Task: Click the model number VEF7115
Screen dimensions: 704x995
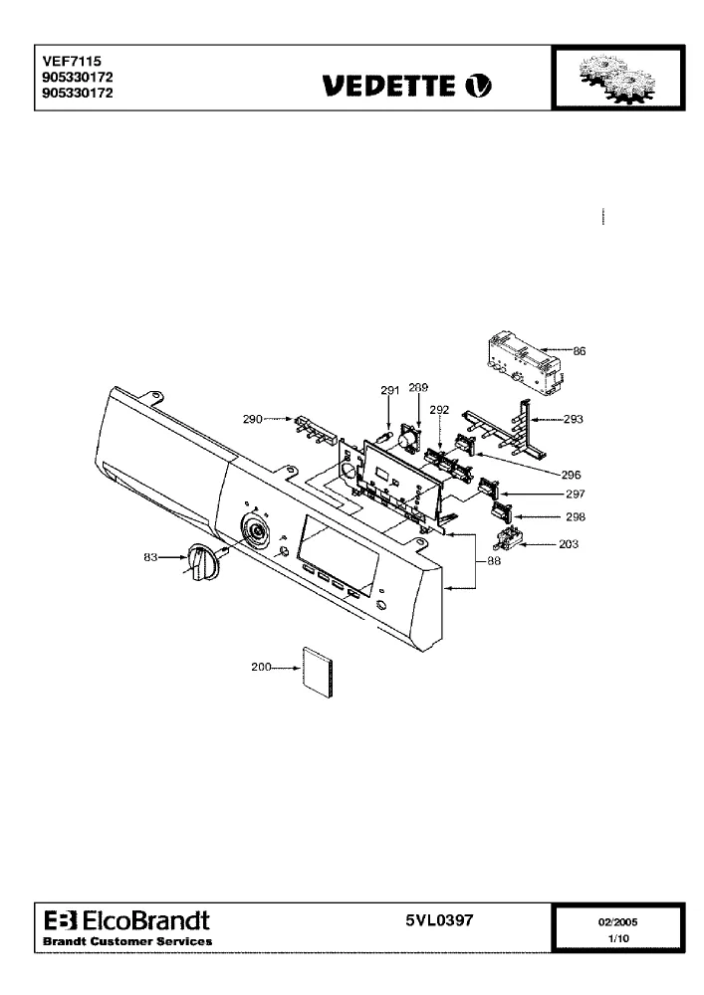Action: [72, 61]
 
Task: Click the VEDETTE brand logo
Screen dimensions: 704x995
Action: [406, 85]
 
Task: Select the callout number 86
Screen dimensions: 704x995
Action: [579, 351]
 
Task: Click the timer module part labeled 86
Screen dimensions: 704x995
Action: [525, 363]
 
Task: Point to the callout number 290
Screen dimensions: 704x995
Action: [253, 419]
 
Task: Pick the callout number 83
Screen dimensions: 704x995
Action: [150, 557]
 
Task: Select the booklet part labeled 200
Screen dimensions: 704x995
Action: [319, 673]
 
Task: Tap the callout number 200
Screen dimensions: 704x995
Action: [261, 667]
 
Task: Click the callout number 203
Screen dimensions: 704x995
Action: [569, 544]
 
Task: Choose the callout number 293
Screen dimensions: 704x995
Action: [574, 419]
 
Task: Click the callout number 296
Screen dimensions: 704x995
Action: [571, 475]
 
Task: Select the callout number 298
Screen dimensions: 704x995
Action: [576, 516]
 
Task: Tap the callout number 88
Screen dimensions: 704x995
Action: [493, 561]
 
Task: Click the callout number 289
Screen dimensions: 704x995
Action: [418, 387]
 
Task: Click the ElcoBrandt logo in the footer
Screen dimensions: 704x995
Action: [127, 920]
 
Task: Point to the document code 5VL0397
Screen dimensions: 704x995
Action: [439, 919]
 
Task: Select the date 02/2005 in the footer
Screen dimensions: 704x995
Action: [617, 922]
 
